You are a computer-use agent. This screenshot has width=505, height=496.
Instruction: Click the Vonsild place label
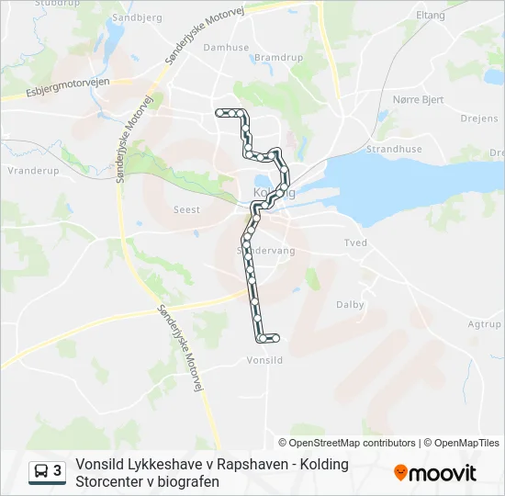(264, 361)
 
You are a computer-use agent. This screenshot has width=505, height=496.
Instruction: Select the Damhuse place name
(226, 47)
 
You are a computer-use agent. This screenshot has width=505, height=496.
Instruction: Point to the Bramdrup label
(273, 57)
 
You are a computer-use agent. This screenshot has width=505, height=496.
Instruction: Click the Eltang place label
(430, 16)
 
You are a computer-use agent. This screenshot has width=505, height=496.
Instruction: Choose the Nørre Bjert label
(418, 99)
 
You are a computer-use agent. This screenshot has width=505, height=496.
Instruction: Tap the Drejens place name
(479, 118)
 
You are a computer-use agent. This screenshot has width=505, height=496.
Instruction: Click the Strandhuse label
(393, 149)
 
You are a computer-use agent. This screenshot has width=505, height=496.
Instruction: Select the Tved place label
(355, 243)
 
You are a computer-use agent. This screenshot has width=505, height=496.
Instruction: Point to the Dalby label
(350, 305)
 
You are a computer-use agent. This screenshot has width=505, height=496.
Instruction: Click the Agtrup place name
(484, 324)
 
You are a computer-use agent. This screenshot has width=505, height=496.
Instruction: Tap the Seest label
(186, 209)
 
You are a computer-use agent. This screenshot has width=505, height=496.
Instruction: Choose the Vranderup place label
(33, 171)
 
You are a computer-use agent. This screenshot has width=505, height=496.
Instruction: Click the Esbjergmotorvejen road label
(69, 86)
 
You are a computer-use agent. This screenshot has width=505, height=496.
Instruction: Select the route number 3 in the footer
(58, 471)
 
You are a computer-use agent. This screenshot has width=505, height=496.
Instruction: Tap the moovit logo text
(443, 473)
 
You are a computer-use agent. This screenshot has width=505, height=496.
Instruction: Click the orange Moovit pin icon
(400, 473)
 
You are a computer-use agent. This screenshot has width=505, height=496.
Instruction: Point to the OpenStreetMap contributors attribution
(353, 443)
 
